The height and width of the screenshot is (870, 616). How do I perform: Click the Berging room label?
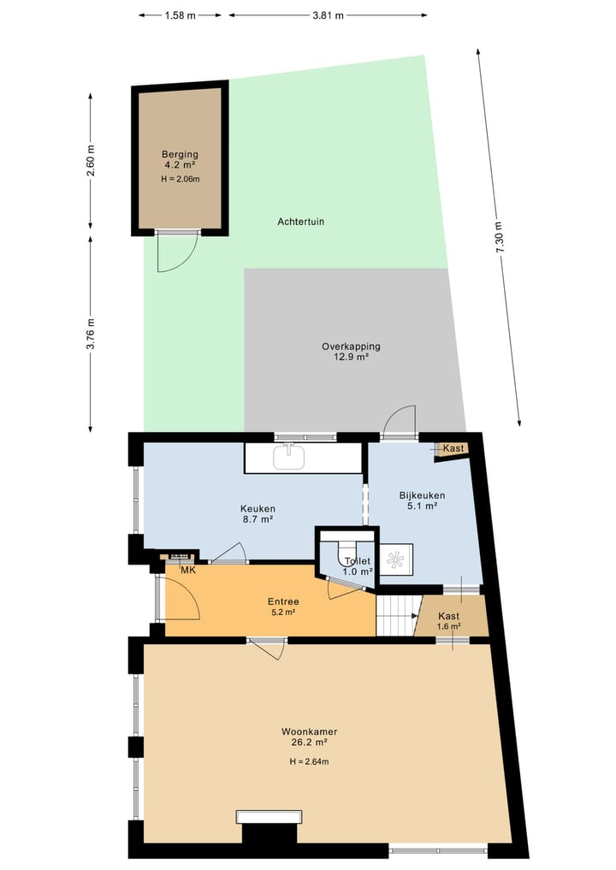tap(180, 155)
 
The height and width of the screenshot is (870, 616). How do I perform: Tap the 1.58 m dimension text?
tap(180, 15)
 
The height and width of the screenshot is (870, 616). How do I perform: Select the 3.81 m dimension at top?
tap(327, 15)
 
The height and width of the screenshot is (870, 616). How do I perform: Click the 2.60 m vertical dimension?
tap(90, 160)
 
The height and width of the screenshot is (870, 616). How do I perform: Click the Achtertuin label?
tap(300, 222)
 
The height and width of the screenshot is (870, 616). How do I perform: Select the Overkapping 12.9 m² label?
tap(351, 352)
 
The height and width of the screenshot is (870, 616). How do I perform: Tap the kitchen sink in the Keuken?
tap(290, 458)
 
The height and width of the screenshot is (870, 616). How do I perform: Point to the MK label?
tap(187, 571)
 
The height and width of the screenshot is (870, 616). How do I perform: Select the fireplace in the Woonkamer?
tap(269, 817)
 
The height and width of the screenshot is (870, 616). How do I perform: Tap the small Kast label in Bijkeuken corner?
tap(453, 448)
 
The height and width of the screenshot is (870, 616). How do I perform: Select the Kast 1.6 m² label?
tap(449, 620)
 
